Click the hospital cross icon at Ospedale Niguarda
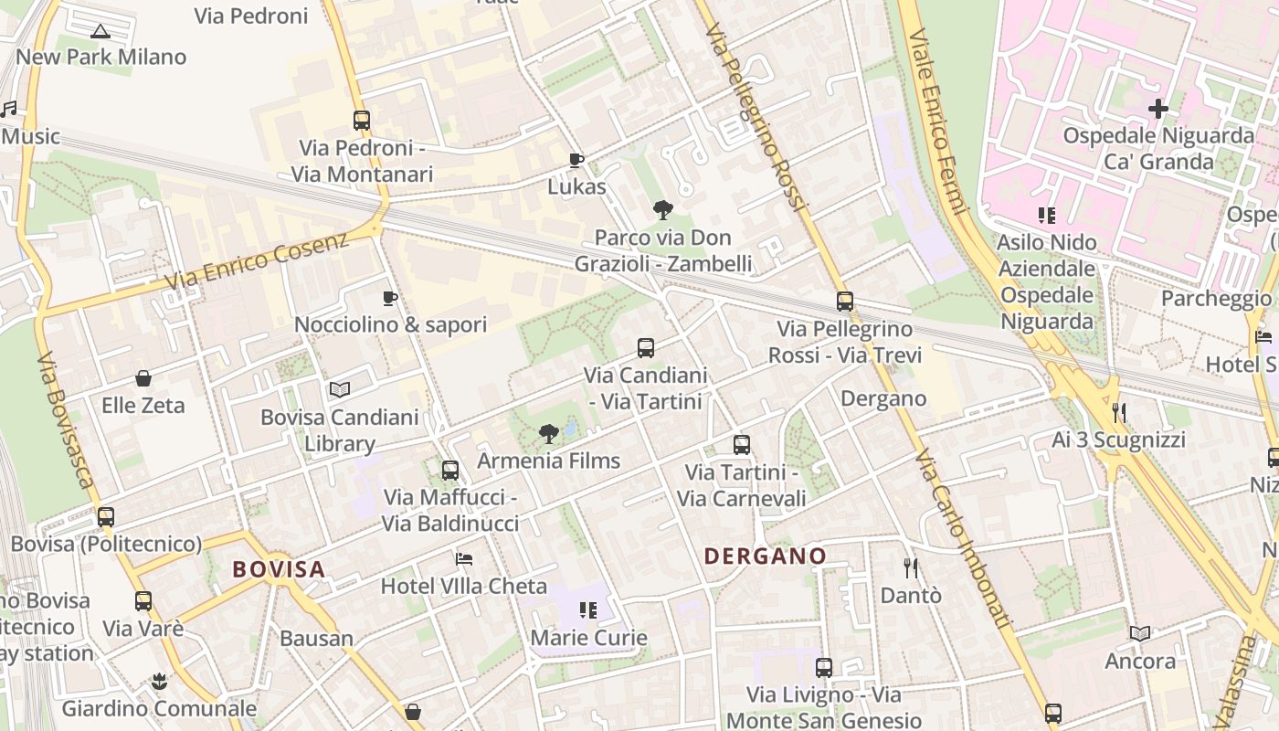(x=1157, y=109)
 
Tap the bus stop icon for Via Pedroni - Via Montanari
(x=362, y=120)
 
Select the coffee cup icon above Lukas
(x=576, y=161)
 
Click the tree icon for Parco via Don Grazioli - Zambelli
(x=663, y=211)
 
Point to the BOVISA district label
(x=279, y=569)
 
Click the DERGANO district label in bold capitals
(x=765, y=556)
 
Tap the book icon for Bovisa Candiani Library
(x=340, y=390)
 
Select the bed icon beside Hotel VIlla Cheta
(x=464, y=559)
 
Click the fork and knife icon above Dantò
(x=910, y=568)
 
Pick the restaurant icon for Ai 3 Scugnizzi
(x=1118, y=413)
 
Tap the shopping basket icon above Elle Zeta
(x=143, y=378)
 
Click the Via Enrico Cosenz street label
(x=258, y=261)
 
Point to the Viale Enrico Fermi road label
(x=937, y=110)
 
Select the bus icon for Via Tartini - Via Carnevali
(x=742, y=445)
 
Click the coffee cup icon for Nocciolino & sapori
(x=390, y=298)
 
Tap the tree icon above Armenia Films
(x=548, y=433)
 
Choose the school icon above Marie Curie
(x=588, y=609)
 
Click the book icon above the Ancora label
(x=1140, y=633)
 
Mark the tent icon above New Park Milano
(x=100, y=31)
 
